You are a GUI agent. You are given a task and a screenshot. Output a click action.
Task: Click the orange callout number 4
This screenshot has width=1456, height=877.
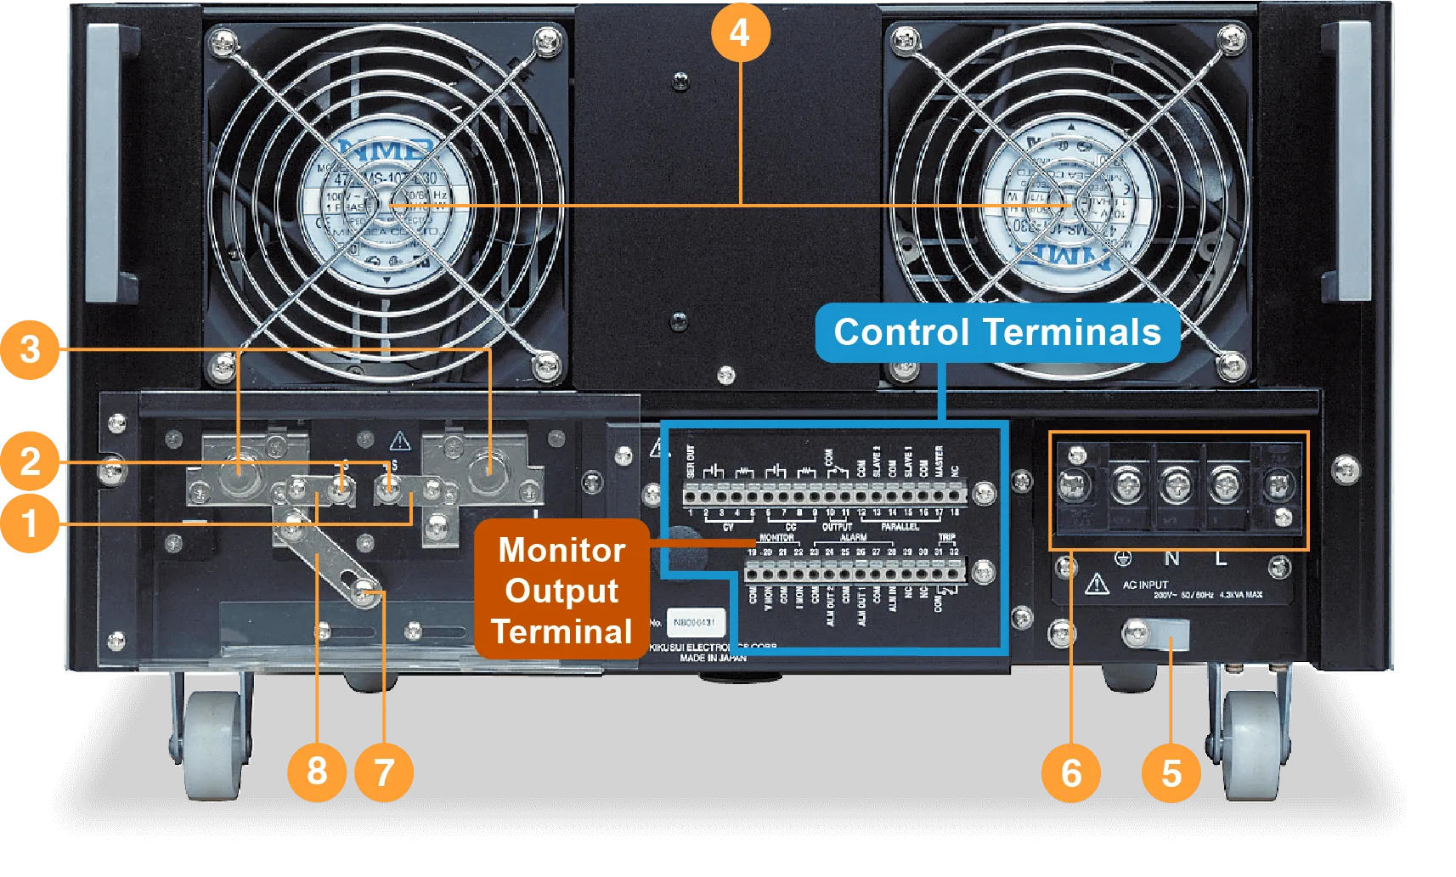click(x=740, y=33)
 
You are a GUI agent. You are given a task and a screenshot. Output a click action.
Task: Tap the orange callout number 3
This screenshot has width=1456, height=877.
click(x=30, y=348)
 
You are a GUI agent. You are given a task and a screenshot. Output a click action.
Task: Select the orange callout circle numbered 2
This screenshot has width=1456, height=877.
click(x=30, y=461)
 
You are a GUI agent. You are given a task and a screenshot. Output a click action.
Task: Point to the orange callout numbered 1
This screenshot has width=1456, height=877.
click(x=30, y=523)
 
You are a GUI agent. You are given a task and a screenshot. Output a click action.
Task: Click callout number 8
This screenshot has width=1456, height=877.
click(x=317, y=772)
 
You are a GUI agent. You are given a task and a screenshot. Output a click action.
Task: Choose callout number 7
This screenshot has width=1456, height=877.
click(x=384, y=772)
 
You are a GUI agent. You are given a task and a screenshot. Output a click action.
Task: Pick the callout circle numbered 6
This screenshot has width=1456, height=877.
click(x=1071, y=772)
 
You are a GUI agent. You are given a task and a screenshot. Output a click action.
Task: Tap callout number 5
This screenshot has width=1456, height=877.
click(x=1171, y=772)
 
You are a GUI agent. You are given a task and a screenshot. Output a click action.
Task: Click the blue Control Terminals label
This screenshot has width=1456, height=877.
click(x=997, y=332)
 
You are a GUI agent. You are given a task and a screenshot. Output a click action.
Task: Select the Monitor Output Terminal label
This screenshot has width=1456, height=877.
click(x=562, y=590)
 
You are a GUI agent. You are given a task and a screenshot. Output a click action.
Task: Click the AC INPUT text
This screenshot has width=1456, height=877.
click(x=1145, y=585)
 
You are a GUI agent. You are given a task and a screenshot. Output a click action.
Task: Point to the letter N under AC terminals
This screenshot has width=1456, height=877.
click(x=1171, y=558)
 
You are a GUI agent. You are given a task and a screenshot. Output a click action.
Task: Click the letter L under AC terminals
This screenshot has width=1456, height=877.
click(x=1221, y=558)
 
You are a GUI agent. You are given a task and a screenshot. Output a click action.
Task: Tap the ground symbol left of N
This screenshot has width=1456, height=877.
click(x=1123, y=558)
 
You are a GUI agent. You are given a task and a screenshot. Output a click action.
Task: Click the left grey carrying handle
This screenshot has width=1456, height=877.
click(x=110, y=161)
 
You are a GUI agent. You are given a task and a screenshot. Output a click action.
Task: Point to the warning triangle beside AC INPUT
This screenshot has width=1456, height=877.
click(x=1097, y=584)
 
